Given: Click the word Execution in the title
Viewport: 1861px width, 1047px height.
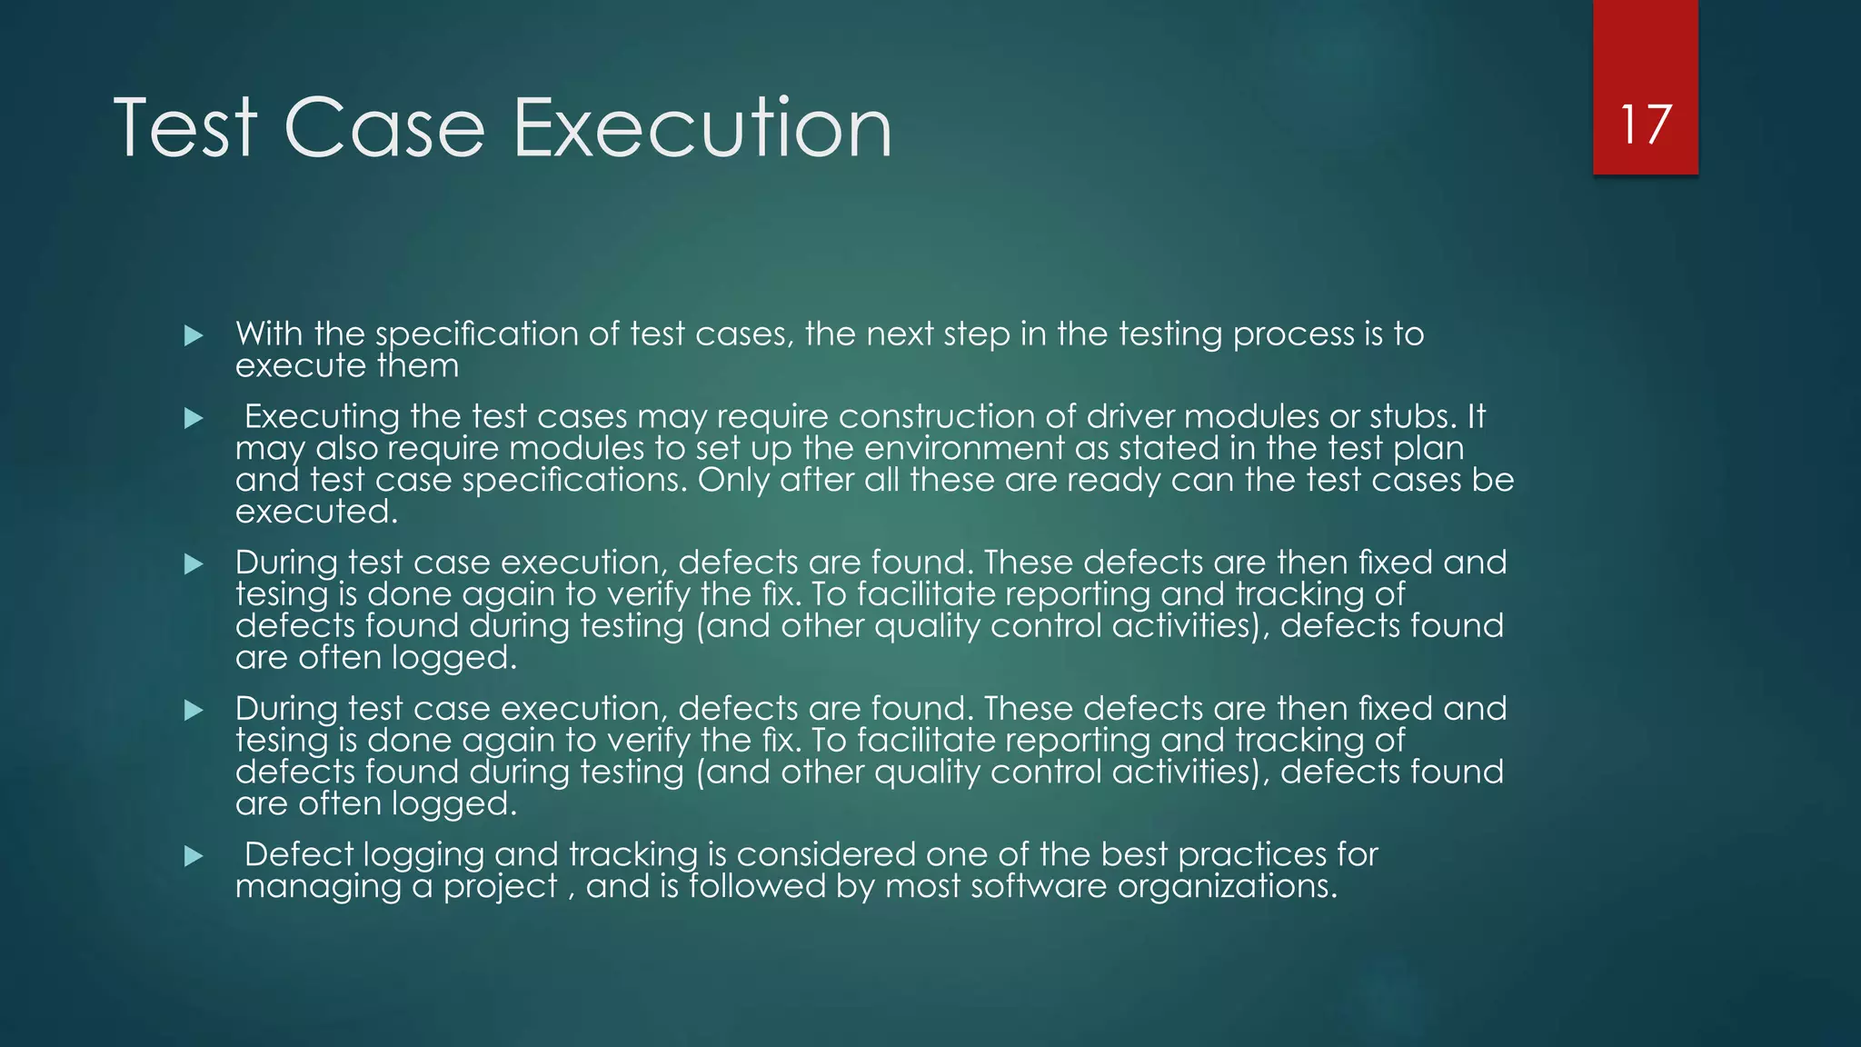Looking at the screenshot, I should tap(702, 128).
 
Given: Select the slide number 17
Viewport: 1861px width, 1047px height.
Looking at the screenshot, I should tap(1645, 125).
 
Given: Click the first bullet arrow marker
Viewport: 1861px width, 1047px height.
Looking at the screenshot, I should tap(193, 336).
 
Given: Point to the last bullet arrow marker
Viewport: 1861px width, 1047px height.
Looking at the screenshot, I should tap(193, 856).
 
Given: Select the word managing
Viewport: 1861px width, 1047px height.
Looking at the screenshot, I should tap(318, 887).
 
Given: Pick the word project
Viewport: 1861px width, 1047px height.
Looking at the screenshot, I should tap(500, 887).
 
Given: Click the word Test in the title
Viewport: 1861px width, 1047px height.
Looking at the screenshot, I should tap(186, 128).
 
